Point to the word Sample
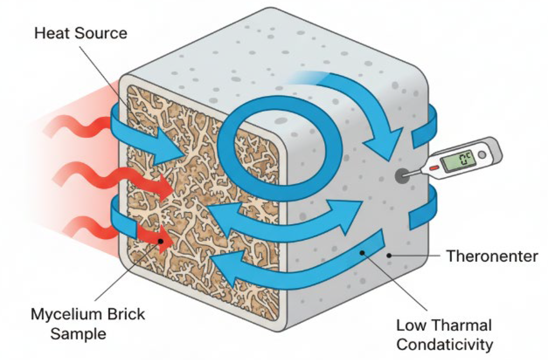(78, 334)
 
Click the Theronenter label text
(492, 256)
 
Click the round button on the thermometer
(482, 155)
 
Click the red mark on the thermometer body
(433, 167)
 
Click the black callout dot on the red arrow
(161, 241)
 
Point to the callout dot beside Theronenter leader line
(389, 256)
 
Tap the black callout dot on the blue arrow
(362, 253)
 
